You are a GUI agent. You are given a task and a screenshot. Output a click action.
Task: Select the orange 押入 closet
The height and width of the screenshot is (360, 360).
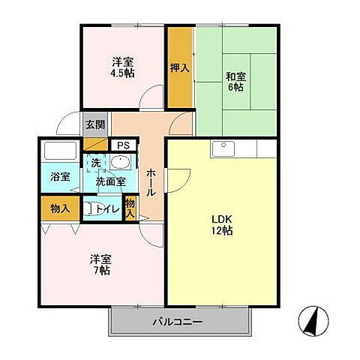click(179, 67)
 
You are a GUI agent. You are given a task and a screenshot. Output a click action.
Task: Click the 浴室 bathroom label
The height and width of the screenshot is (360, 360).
click(60, 178)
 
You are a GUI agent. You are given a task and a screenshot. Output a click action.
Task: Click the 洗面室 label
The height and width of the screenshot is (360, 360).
click(109, 181)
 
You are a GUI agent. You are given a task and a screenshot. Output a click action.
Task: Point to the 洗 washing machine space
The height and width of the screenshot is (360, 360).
click(96, 163)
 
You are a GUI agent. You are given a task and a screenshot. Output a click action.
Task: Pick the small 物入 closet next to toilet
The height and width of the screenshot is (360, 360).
click(130, 208)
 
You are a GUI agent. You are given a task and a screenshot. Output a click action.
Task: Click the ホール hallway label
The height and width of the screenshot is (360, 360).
click(150, 181)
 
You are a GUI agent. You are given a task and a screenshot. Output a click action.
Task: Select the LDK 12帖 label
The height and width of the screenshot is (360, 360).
click(222, 225)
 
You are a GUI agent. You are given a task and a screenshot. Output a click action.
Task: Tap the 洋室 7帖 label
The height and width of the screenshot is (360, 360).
click(100, 264)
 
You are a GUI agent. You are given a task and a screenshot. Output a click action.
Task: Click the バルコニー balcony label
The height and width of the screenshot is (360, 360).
click(179, 322)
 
